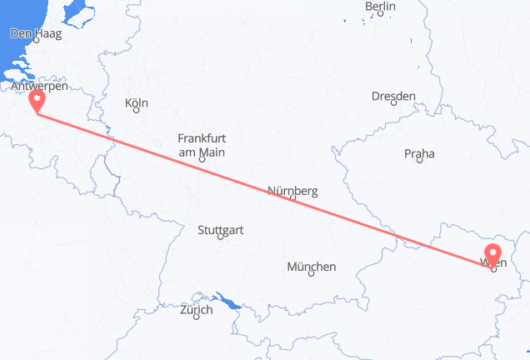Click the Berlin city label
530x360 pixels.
pos(380,7)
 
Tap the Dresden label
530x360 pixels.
pos(393,97)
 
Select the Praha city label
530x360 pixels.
pos(418,154)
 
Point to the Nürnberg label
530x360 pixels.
pos(292,191)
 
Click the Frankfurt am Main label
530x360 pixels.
pos(201,146)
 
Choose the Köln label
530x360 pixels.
pos(136,104)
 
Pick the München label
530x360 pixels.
pos(311,267)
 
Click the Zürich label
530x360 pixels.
pos(197,310)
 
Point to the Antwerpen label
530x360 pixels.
pos(40,86)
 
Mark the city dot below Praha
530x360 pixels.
pos(418,163)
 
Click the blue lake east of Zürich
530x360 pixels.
pos(227,300)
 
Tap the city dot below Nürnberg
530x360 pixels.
pos(293,200)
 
